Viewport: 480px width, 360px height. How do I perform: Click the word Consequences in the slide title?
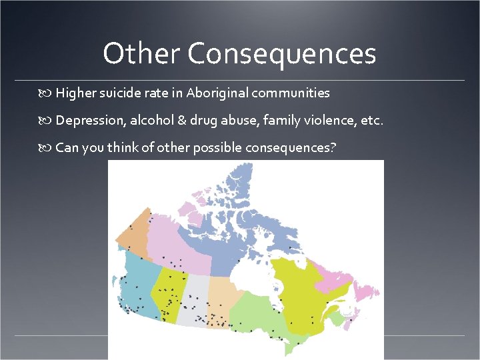click(x=281, y=54)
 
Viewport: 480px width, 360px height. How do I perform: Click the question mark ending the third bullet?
click(x=333, y=147)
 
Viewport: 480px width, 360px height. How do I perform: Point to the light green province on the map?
click(x=257, y=313)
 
